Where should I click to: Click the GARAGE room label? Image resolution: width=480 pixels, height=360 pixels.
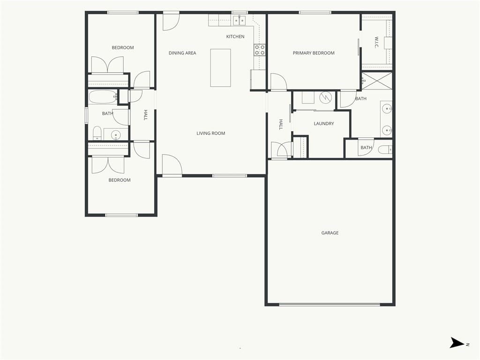click(330, 233)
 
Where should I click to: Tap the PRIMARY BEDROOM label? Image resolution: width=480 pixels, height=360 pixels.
click(314, 53)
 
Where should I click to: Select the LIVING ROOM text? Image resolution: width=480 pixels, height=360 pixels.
click(210, 133)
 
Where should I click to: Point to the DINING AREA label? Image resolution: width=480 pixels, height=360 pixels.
click(182, 53)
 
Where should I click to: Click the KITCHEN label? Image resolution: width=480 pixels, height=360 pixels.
click(235, 37)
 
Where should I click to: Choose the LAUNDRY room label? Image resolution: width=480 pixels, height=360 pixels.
click(323, 124)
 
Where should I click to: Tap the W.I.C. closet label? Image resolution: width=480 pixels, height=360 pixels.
click(376, 43)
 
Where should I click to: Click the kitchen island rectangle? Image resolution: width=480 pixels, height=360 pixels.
click(220, 67)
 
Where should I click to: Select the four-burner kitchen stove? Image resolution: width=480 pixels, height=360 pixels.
click(260, 50)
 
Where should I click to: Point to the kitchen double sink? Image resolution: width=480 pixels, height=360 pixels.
click(239, 21)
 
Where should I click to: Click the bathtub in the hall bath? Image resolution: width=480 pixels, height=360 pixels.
click(103, 97)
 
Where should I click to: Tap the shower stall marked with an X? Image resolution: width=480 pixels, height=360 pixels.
click(377, 81)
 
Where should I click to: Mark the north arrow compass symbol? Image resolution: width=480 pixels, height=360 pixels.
click(457, 343)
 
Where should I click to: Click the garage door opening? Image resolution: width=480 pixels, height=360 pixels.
click(330, 305)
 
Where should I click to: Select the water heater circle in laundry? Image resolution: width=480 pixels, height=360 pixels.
click(325, 97)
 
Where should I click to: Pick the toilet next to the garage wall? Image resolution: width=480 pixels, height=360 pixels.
click(385, 150)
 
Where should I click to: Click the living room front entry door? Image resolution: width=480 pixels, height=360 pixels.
click(172, 165)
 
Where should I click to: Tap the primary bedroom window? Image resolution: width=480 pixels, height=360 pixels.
click(315, 13)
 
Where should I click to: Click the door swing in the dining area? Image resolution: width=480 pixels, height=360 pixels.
click(171, 22)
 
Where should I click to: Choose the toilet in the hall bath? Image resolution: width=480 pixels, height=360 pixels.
click(97, 133)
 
